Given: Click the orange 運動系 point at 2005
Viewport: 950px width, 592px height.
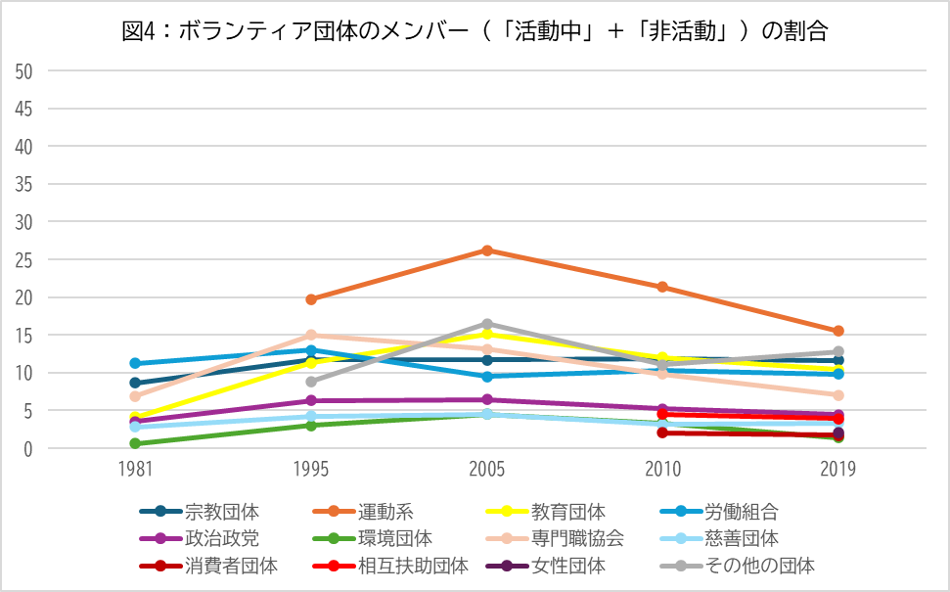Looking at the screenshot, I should tap(487, 250).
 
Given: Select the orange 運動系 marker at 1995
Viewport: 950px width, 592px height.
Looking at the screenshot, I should tap(311, 299).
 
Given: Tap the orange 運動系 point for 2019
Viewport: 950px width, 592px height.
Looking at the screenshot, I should tap(838, 332).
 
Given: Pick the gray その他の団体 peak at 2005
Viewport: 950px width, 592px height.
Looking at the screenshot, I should tap(487, 324).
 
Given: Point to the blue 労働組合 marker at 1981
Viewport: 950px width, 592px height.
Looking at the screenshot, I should tap(135, 363).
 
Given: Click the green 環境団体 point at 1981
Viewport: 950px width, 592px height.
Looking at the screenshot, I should tap(135, 443).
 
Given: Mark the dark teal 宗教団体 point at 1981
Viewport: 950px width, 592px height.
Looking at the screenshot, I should tap(135, 383).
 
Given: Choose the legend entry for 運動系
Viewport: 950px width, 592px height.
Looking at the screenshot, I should tap(385, 511).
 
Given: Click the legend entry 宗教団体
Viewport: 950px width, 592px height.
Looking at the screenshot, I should tap(222, 511).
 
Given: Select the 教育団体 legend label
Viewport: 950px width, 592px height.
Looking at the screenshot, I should tap(567, 511).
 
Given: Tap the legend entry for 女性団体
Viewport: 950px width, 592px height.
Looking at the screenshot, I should tap(567, 565).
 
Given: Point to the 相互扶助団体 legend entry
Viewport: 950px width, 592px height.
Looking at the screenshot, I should tap(412, 565).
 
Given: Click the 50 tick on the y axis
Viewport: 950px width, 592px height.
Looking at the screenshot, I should tap(25, 71).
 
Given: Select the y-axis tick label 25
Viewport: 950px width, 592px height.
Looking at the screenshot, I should tap(25, 260).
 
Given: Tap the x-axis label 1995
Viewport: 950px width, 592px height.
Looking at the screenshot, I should tap(311, 470).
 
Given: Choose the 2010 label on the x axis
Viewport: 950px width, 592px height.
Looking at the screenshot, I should tap(662, 470).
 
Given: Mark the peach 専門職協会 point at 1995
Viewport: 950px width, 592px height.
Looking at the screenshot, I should tap(311, 335).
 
